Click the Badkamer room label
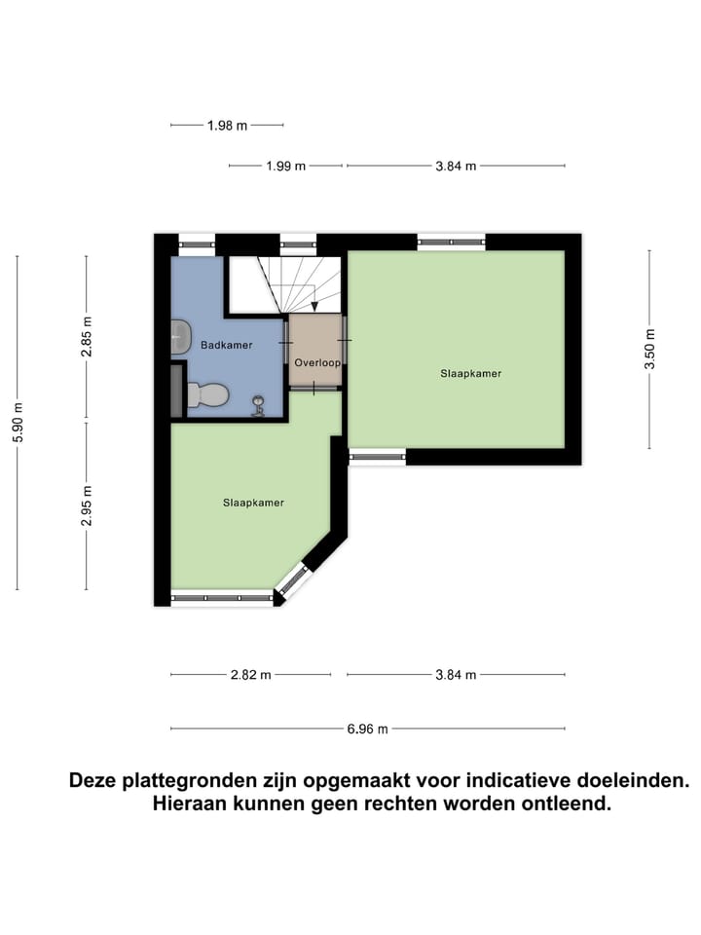point(227,345)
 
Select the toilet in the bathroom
point(208,394)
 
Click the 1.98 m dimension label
point(227,125)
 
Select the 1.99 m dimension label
point(285,166)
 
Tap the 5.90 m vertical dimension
point(18,422)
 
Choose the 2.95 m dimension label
point(87,506)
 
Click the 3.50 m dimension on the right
point(649,348)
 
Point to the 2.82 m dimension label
point(251,674)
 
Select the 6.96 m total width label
point(367,729)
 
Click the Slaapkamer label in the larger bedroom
point(470,372)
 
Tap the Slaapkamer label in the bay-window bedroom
point(253,503)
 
